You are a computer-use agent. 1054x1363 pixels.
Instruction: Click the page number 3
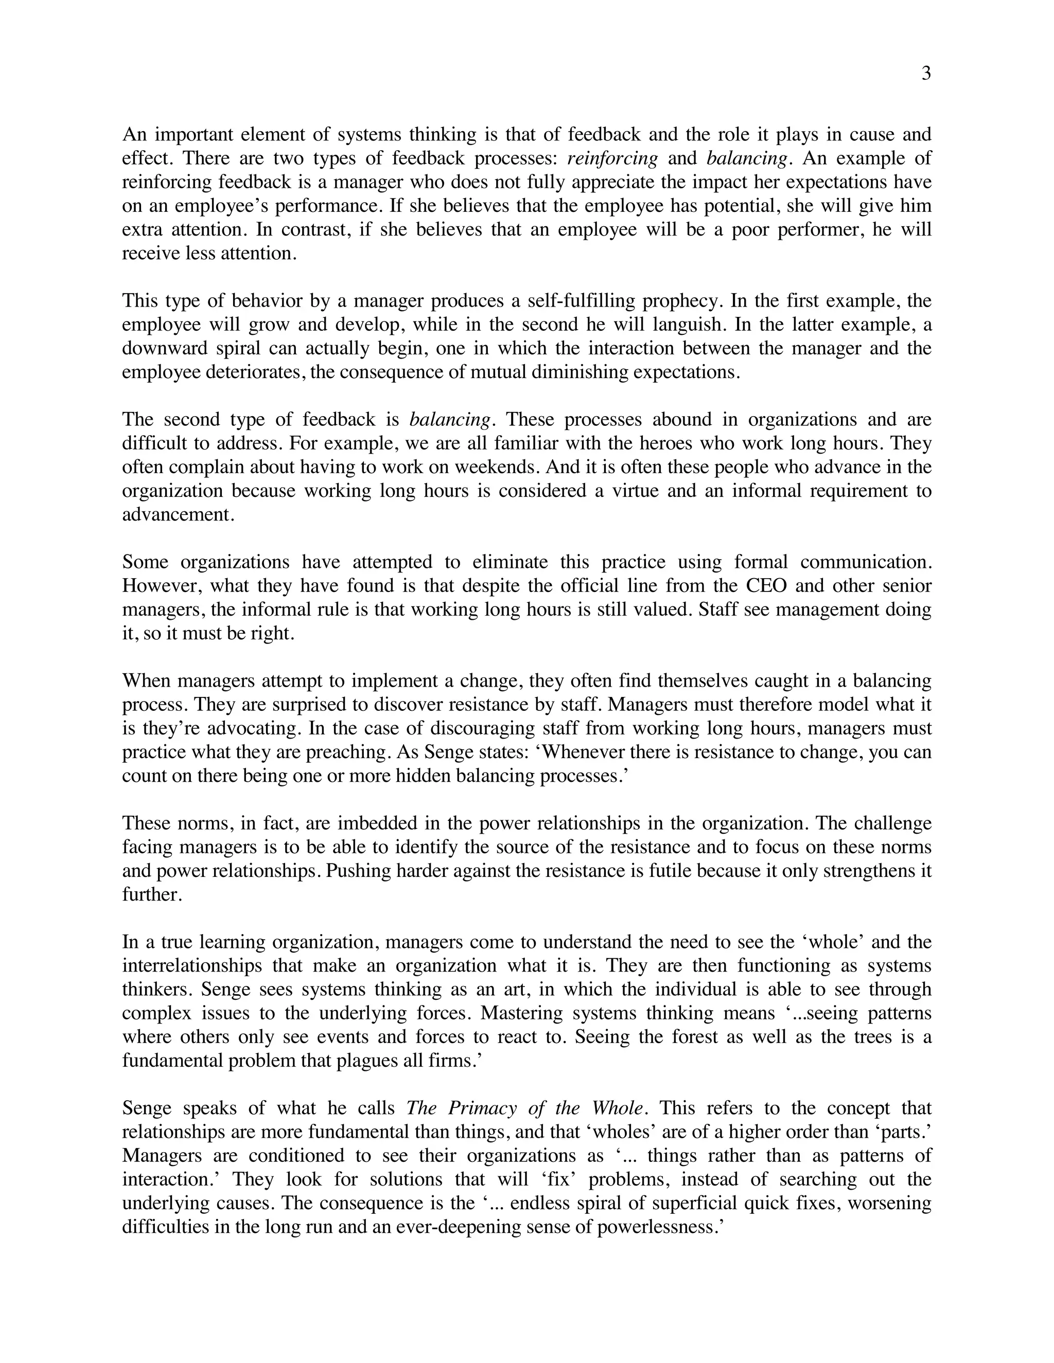[x=926, y=74]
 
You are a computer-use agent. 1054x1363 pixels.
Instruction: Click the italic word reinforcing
[x=612, y=158]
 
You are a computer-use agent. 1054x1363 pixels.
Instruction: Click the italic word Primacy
[x=483, y=1108]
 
